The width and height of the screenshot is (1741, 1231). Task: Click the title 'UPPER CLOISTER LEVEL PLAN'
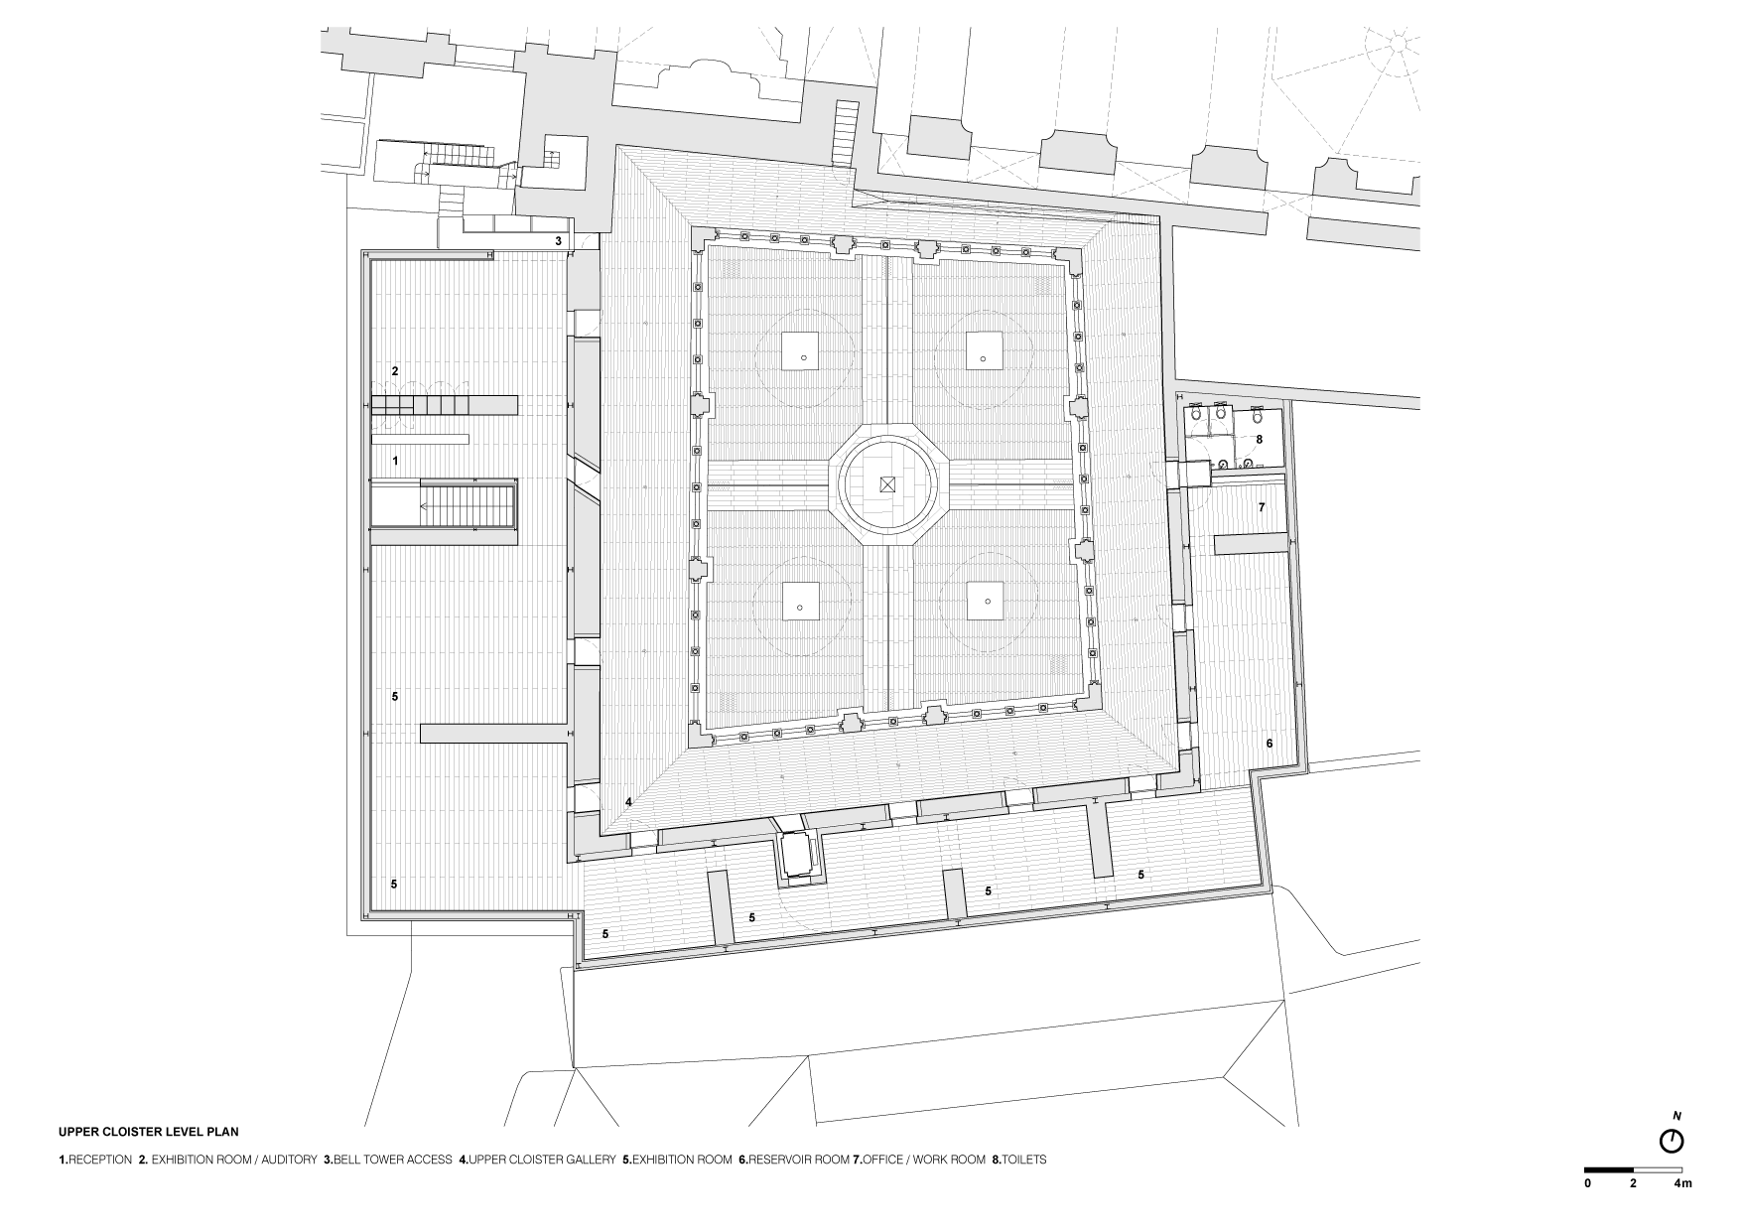pos(149,1131)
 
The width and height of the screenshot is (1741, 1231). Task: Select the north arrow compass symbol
pos(1672,1142)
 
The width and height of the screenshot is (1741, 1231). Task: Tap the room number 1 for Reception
pos(395,461)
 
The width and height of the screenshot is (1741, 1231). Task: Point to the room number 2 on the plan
pos(395,371)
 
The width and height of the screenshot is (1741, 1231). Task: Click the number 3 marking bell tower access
pos(558,241)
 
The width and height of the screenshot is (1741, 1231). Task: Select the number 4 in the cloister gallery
pos(628,802)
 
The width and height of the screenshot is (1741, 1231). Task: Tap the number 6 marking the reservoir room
pos(1269,743)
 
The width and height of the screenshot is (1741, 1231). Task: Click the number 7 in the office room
pos(1262,507)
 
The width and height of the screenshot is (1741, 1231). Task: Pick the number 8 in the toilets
pos(1259,439)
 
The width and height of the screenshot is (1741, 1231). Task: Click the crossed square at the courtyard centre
pos(886,484)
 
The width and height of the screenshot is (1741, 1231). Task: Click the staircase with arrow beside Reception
pos(445,505)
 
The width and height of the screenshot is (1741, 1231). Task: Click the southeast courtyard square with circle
pos(986,602)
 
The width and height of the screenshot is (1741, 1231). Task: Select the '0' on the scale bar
pos(1587,1183)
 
